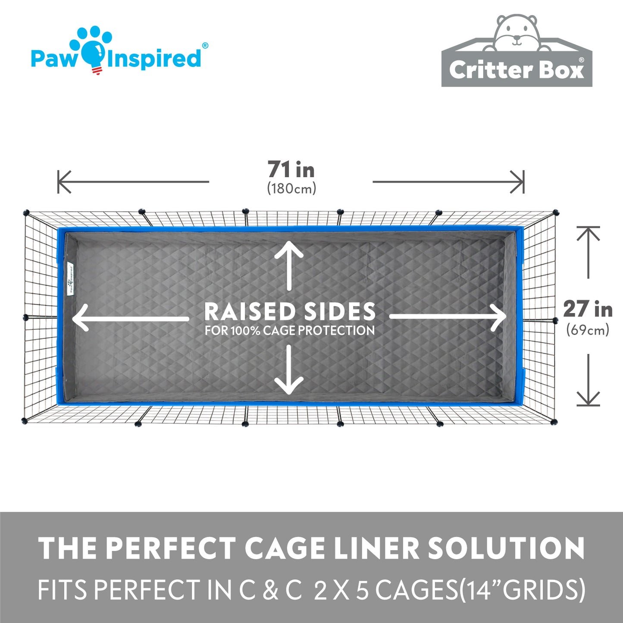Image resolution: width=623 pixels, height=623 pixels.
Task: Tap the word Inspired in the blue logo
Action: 153,58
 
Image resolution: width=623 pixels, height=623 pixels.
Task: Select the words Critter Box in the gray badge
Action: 517,69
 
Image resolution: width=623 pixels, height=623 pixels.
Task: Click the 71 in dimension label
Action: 291,169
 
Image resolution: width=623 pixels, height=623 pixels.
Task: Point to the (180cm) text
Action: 291,188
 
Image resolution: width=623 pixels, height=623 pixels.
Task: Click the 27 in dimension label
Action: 588,309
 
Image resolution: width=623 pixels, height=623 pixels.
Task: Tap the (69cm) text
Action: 588,330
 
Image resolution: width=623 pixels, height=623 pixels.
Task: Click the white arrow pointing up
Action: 289,266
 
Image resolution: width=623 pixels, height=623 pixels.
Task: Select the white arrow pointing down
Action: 289,370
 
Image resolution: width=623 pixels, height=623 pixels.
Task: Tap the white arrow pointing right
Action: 448,316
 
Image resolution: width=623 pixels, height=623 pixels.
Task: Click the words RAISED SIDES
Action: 290,311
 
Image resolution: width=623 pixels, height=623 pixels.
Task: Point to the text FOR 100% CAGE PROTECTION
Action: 290,330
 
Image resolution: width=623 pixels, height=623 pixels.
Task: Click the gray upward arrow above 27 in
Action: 588,252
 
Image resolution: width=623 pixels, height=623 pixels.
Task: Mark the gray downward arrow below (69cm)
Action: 588,380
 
